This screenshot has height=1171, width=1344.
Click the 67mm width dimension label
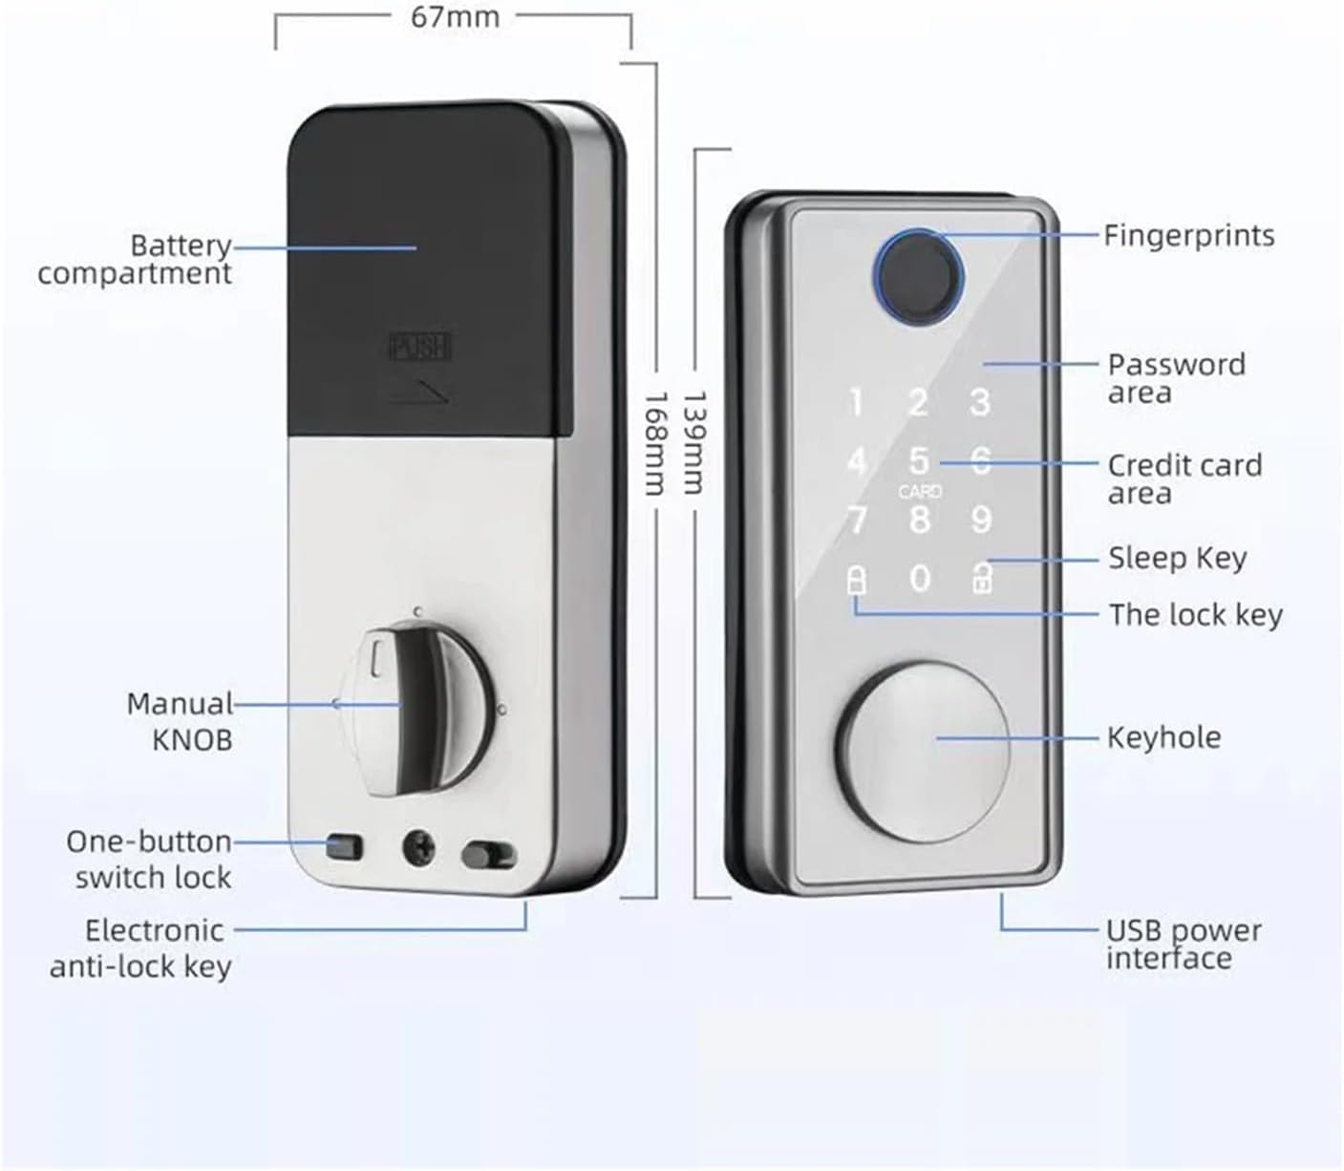click(455, 18)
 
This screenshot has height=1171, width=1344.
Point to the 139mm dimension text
click(693, 442)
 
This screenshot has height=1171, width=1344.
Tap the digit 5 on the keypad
click(919, 461)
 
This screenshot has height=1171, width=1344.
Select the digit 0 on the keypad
click(920, 578)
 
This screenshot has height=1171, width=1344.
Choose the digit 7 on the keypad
click(857, 520)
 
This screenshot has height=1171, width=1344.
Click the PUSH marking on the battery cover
click(419, 346)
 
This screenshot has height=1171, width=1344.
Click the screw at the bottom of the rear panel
click(419, 849)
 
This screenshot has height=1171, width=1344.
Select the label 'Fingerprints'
click(1189, 236)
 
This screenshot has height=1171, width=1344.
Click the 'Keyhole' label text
click(1164, 737)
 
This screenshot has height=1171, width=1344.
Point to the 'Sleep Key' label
click(1177, 558)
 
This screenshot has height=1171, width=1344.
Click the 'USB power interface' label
click(1184, 944)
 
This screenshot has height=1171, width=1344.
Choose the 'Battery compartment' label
click(135, 260)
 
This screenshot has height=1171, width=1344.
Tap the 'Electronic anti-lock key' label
click(140, 948)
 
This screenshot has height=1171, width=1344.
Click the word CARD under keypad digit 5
click(920, 491)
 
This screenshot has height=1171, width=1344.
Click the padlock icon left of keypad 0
click(856, 579)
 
